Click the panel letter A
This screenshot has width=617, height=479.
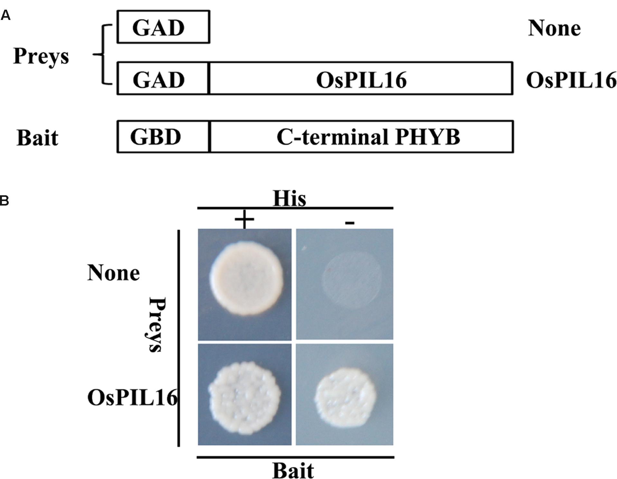pos(5,15)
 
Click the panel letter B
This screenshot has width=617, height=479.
pos(5,201)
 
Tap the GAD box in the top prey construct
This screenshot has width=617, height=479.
pos(163,27)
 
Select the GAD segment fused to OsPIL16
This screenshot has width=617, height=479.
pos(163,79)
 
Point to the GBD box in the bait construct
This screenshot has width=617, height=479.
pos(163,137)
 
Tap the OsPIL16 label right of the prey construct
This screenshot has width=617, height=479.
pos(571,80)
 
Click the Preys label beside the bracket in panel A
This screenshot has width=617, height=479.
pos(41,57)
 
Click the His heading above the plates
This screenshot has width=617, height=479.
pos(289,198)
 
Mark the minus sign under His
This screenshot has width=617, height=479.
pos(350,223)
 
